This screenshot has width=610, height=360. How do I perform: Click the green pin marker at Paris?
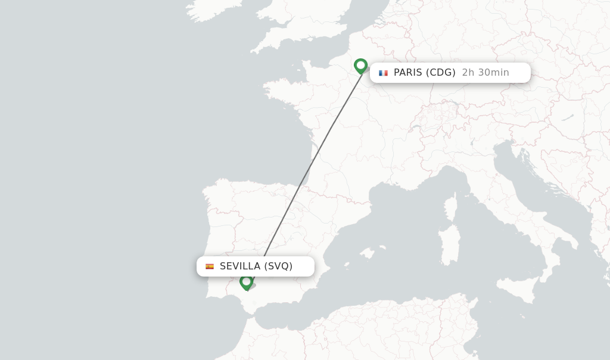(360, 66)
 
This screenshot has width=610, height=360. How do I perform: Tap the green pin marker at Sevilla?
(246, 282)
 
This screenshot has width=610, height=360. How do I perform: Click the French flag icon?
(383, 73)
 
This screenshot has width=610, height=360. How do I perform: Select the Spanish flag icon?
(210, 266)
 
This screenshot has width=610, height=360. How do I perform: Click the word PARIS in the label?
(408, 73)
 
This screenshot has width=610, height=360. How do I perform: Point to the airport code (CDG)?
(441, 73)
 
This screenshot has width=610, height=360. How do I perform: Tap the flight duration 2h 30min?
(485, 73)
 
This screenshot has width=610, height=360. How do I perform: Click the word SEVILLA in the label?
(240, 266)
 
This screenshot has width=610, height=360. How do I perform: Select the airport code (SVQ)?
(278, 266)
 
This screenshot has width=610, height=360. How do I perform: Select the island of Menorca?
(383, 246)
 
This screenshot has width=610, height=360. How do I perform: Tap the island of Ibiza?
(346, 265)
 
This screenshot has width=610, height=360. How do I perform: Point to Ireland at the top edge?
(206, 9)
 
